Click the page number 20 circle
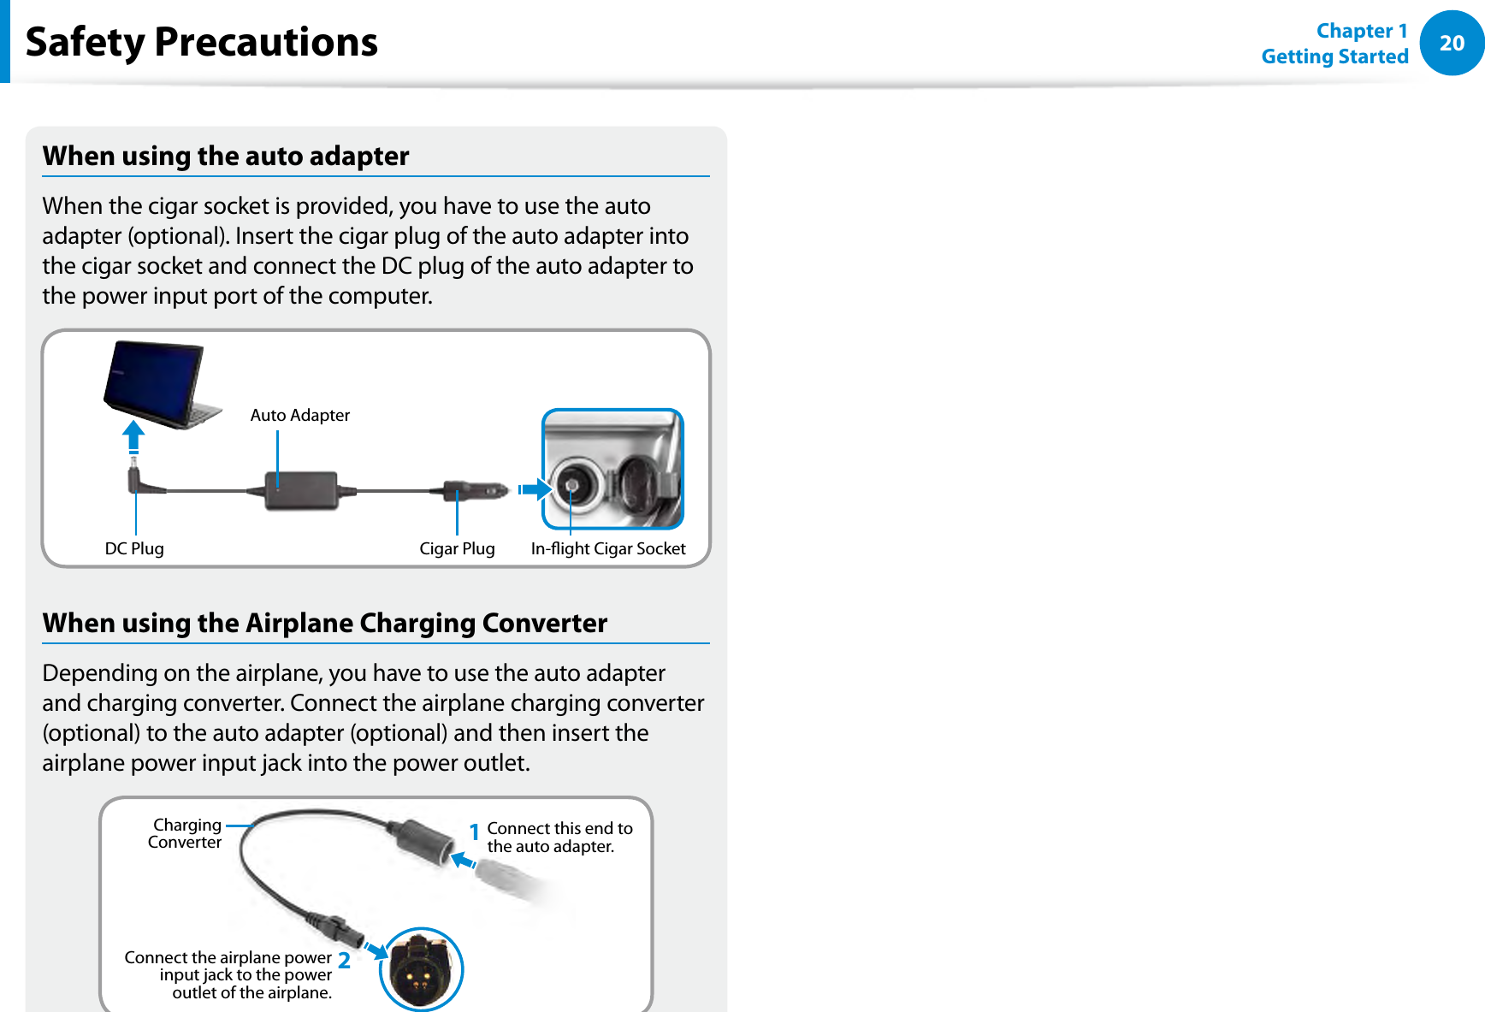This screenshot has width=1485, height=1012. [x=1452, y=43]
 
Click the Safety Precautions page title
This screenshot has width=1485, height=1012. [x=202, y=42]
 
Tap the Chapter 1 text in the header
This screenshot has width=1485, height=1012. [x=1361, y=31]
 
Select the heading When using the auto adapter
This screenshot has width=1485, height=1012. [x=226, y=156]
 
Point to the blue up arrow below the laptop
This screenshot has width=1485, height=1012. [x=133, y=435]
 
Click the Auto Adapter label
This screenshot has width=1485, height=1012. [x=299, y=415]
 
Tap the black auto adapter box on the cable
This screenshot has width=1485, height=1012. [x=300, y=491]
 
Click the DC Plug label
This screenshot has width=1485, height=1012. [x=134, y=548]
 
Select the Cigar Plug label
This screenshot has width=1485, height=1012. [x=457, y=548]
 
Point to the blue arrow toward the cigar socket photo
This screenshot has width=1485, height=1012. [x=534, y=489]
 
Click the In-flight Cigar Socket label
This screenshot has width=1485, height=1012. [x=607, y=548]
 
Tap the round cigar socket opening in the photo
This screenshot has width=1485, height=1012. [x=571, y=486]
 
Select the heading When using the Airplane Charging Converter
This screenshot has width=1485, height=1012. [x=325, y=623]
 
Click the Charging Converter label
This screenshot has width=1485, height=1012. [x=185, y=833]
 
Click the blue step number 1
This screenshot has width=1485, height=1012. [x=474, y=831]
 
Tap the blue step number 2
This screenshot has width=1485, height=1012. [x=344, y=961]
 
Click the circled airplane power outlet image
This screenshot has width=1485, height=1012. [x=420, y=969]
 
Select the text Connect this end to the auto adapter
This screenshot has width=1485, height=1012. [x=559, y=837]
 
